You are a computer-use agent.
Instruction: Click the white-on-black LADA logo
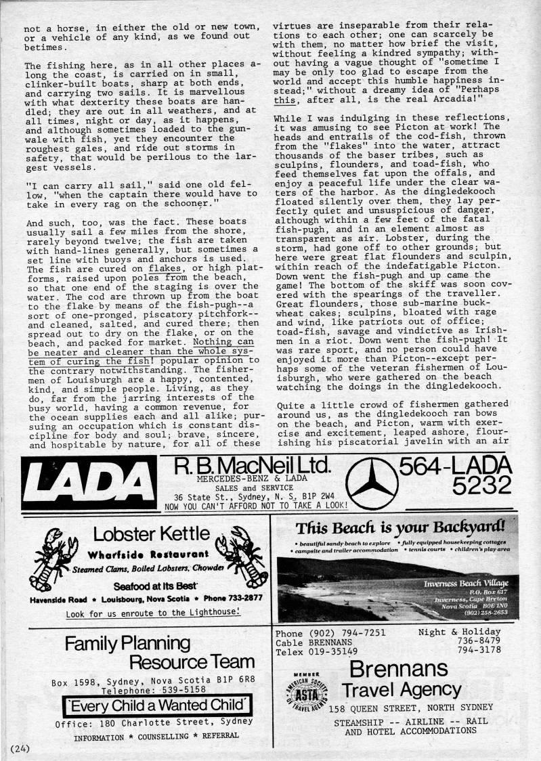tap(89, 482)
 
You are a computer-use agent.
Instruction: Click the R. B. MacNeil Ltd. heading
tap(253, 466)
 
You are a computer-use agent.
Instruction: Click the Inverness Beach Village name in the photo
tap(465, 584)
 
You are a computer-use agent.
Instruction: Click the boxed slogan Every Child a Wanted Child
tap(153, 705)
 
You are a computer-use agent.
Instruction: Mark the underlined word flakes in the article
tap(166, 269)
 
